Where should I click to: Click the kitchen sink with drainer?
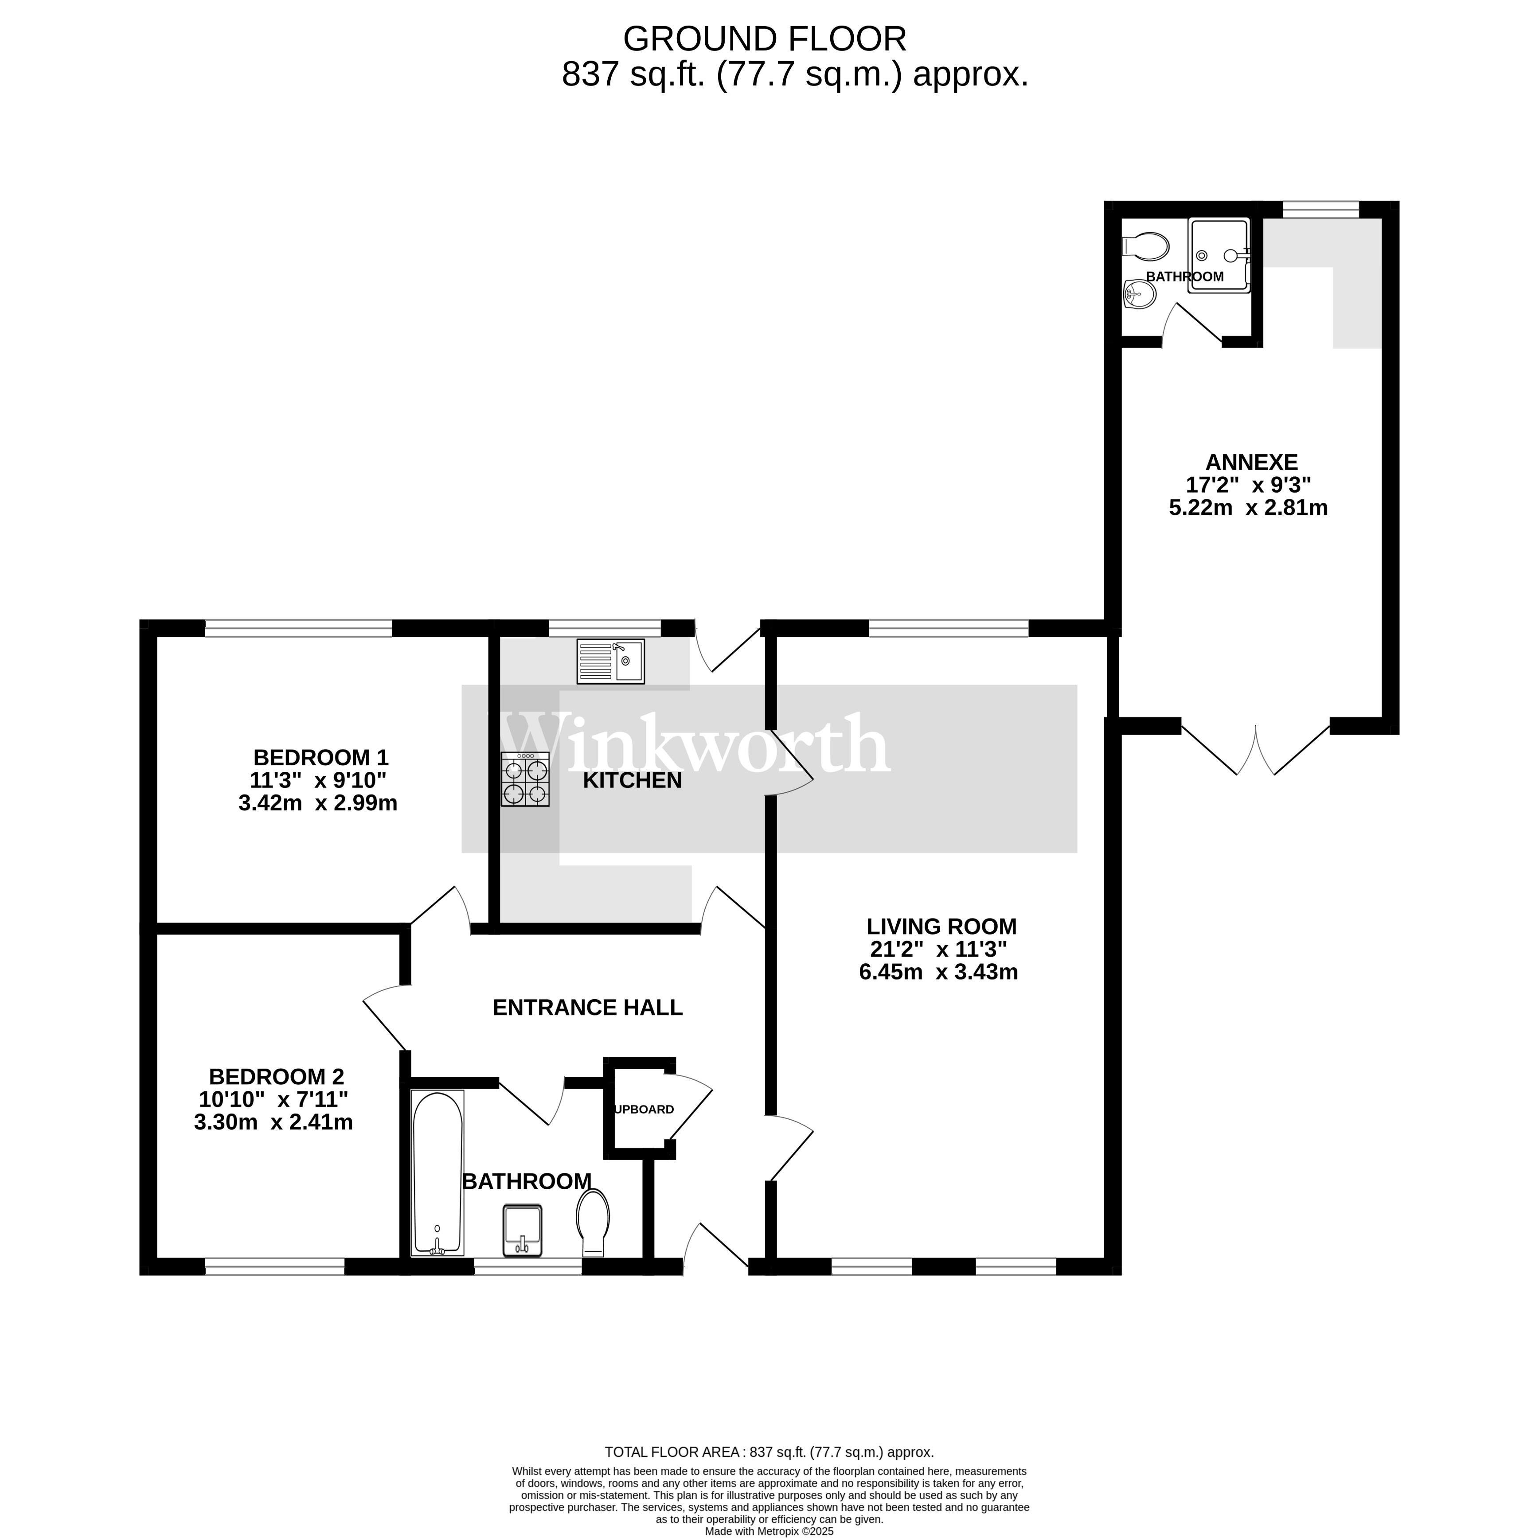coord(611,661)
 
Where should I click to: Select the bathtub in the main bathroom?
coord(437,1173)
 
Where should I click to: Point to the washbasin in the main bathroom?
coord(523,1230)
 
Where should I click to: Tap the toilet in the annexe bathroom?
coord(1144,246)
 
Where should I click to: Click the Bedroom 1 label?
coord(321,757)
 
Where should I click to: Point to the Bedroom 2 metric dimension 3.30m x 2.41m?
coord(273,1122)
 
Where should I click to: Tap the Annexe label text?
coord(1251,462)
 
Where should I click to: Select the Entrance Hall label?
coord(588,1008)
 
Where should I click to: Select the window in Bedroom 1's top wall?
coord(299,628)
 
